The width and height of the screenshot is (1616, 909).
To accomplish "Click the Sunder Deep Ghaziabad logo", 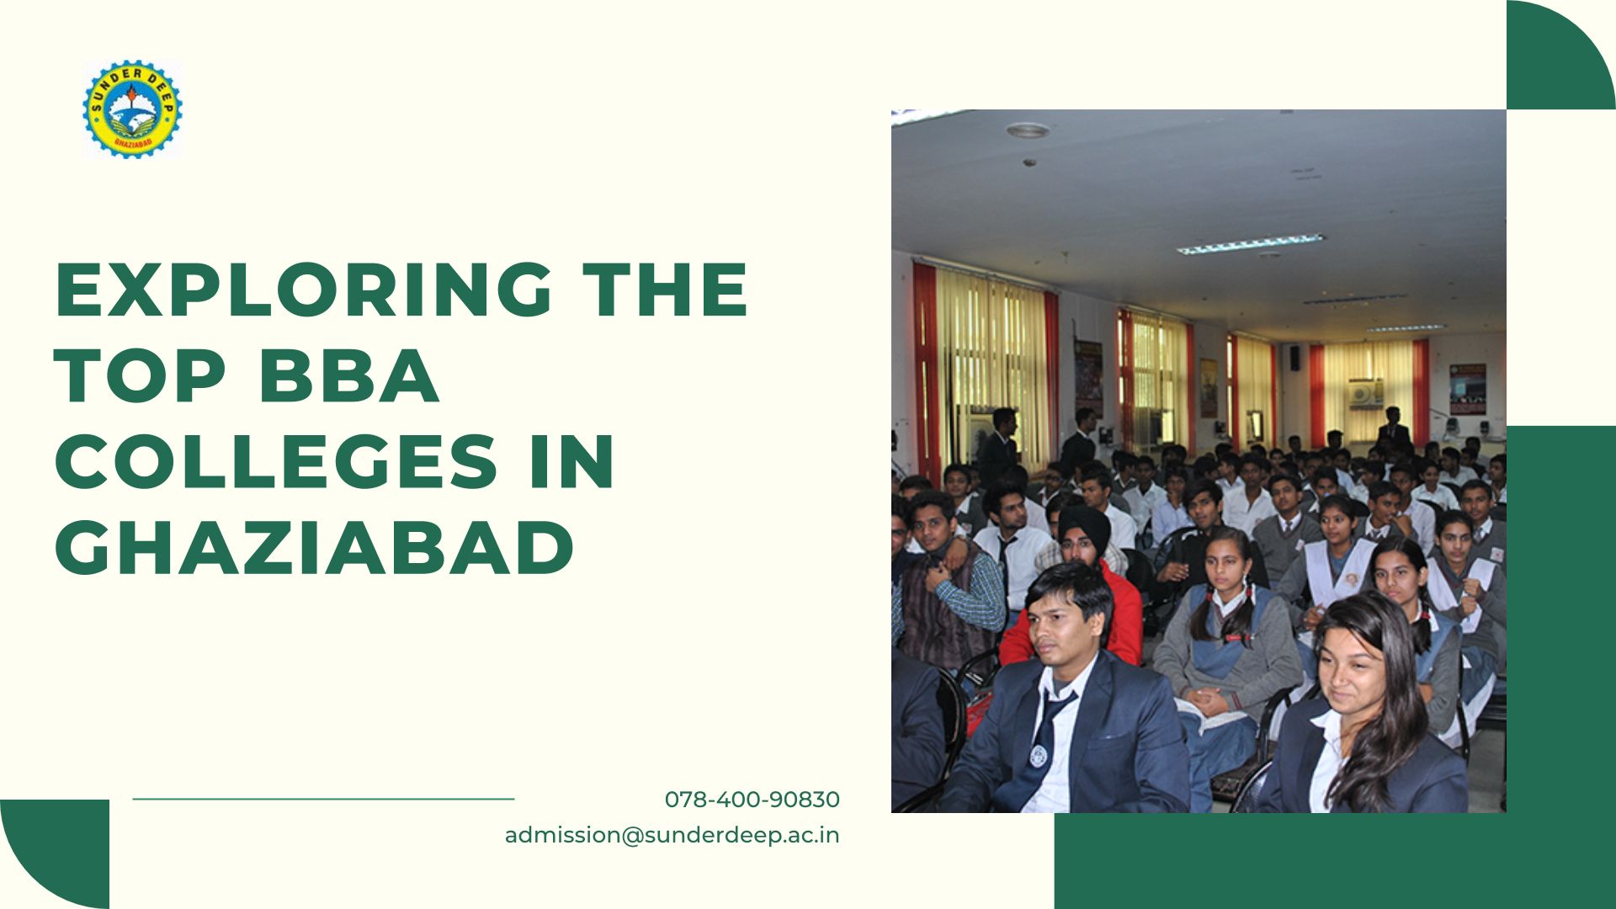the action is [x=132, y=109].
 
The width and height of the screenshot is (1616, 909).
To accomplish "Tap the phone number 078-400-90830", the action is [x=752, y=800].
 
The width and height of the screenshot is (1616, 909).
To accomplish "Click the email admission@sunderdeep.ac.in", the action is [x=672, y=835].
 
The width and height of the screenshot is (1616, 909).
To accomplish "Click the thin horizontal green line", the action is [x=323, y=799].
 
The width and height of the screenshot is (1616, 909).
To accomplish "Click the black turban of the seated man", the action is [x=1084, y=522].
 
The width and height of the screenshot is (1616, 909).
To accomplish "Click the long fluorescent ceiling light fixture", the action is [x=1250, y=244].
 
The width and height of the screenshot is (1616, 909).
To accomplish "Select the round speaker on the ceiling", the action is [x=1028, y=130].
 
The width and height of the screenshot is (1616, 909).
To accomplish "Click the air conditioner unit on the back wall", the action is [x=1365, y=394].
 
